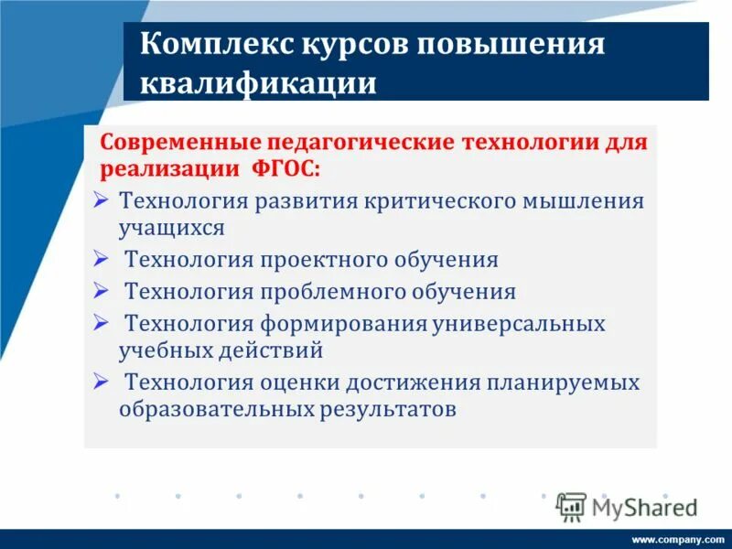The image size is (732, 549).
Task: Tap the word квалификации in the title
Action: [258, 83]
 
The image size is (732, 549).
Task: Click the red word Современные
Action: [179, 145]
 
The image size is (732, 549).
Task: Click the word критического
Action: [431, 200]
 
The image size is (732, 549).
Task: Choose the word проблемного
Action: [336, 292]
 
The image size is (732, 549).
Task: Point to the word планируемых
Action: [564, 382]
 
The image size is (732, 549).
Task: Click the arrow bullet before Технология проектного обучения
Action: [101, 258]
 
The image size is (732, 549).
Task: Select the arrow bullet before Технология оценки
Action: [101, 381]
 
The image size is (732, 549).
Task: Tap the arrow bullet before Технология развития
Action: [101, 199]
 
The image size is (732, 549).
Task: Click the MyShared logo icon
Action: [571, 507]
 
